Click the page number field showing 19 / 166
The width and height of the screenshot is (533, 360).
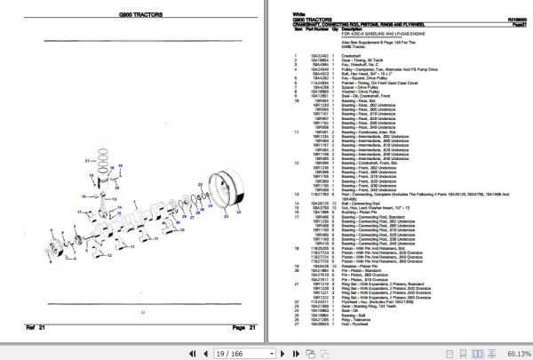(x=211, y=351)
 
